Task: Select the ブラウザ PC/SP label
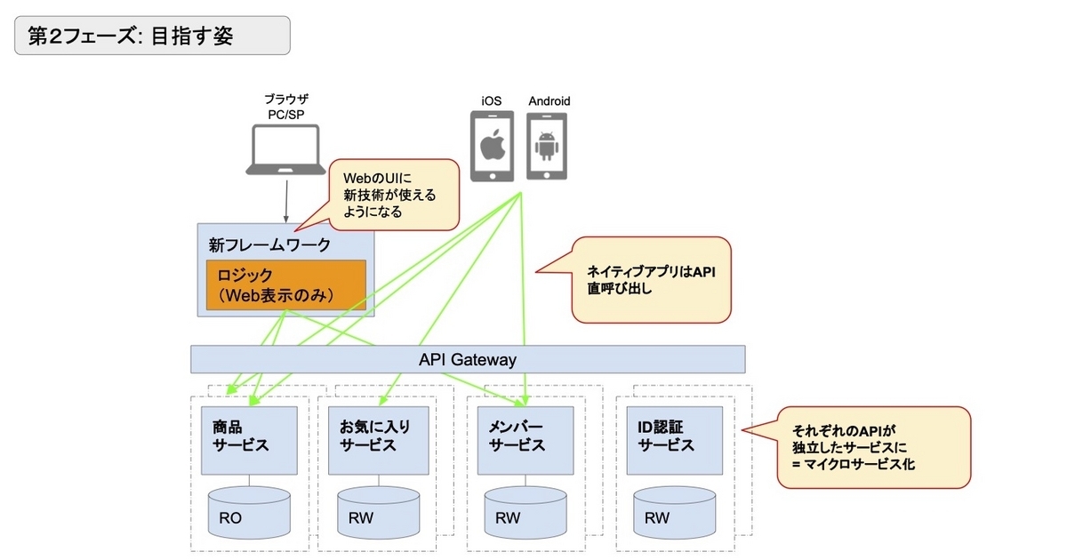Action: tap(286, 108)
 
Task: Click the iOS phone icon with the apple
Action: tap(492, 146)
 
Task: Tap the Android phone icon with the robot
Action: tap(548, 146)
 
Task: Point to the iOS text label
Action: tap(492, 101)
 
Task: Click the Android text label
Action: tap(549, 101)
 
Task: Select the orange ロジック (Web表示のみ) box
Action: tap(285, 284)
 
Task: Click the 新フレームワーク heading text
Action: tap(258, 244)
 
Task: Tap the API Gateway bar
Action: tap(468, 360)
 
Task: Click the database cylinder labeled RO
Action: tap(248, 512)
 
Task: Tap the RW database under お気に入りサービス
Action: tap(377, 512)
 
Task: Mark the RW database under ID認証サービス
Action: tap(675, 512)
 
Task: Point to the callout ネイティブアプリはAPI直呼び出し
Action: tap(651, 279)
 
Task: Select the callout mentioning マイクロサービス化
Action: tap(873, 447)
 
